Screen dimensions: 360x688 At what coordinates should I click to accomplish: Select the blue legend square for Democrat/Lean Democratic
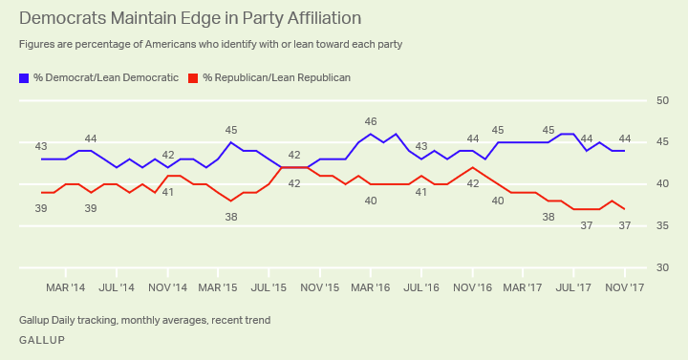[x=23, y=78]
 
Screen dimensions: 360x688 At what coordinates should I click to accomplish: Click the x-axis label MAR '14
[x=66, y=286]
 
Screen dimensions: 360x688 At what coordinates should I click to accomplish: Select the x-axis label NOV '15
[x=320, y=286]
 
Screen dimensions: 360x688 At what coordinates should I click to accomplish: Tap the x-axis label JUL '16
[x=422, y=286]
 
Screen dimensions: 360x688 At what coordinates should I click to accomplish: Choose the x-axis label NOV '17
[x=626, y=286]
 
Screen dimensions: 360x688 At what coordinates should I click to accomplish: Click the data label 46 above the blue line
[x=371, y=122]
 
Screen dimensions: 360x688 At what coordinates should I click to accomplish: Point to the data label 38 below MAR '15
[x=231, y=217]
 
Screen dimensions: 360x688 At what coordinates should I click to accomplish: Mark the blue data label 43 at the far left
[x=41, y=146]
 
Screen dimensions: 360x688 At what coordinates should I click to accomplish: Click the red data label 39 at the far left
[x=41, y=208]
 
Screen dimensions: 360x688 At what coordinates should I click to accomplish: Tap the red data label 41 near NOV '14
[x=168, y=192]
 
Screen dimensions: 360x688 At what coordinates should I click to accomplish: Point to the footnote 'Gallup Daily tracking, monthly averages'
[x=144, y=320]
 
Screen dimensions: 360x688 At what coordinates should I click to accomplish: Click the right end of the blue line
[x=625, y=151]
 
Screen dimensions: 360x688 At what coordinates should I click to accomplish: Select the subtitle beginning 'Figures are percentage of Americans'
[x=210, y=45]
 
